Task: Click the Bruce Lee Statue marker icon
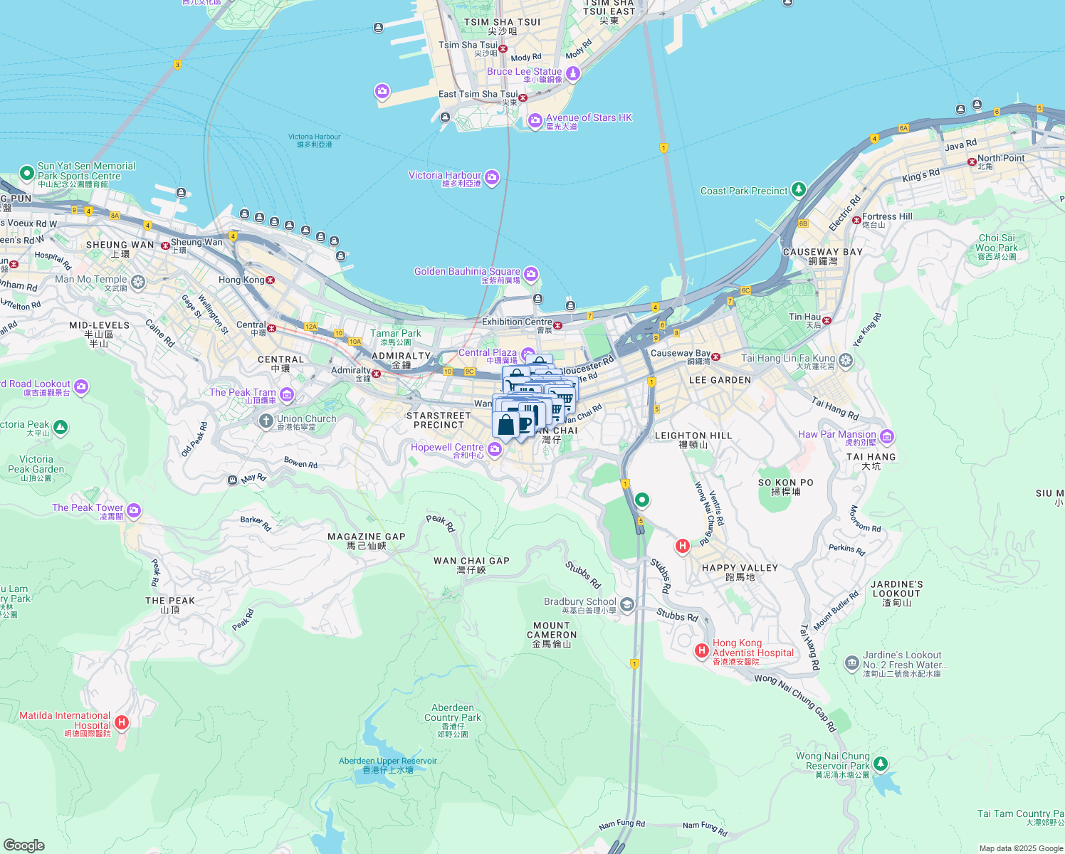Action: tap(573, 74)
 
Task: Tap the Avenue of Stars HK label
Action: tap(589, 118)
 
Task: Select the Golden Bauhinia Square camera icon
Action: tap(530, 274)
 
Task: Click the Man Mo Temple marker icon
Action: tap(138, 283)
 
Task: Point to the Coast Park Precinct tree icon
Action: tap(799, 189)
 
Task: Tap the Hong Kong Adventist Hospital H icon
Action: tap(701, 650)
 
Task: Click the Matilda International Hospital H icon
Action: tap(122, 722)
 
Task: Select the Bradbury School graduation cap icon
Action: tap(627, 604)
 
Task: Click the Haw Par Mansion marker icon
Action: tap(887, 436)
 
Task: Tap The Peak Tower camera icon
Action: tap(134, 510)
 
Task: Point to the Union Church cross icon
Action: tap(266, 421)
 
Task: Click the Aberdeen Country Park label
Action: tap(453, 713)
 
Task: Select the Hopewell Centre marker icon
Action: tap(495, 449)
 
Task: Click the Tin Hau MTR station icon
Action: tap(827, 321)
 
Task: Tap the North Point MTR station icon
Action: tap(972, 162)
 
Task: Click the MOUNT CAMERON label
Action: tap(552, 631)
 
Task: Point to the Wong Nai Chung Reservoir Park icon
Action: tap(881, 763)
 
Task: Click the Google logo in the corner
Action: tap(24, 845)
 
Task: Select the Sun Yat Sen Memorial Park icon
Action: tap(26, 172)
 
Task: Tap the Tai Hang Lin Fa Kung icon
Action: tap(845, 360)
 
